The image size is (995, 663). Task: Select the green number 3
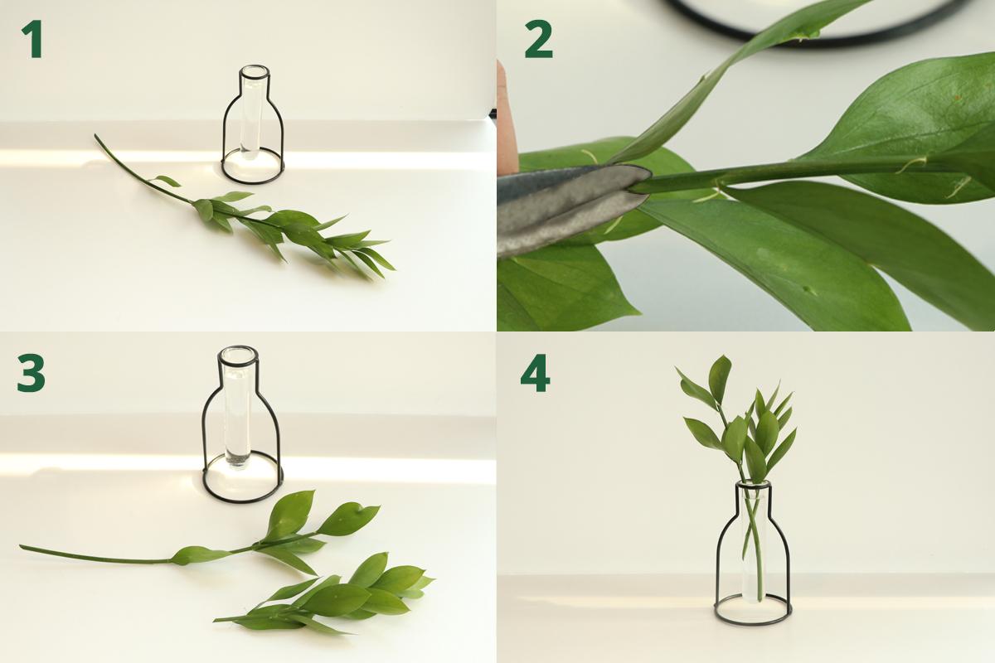pyautogui.click(x=32, y=375)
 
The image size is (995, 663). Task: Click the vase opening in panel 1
pyautogui.click(x=254, y=71)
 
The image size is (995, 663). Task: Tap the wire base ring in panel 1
pyautogui.click(x=252, y=182)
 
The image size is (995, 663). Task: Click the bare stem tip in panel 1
pyautogui.click(x=96, y=137)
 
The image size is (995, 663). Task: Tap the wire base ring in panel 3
pyautogui.click(x=243, y=500)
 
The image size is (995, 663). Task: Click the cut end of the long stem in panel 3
pyautogui.click(x=22, y=547)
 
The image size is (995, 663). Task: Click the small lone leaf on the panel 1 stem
pyautogui.click(x=167, y=181)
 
